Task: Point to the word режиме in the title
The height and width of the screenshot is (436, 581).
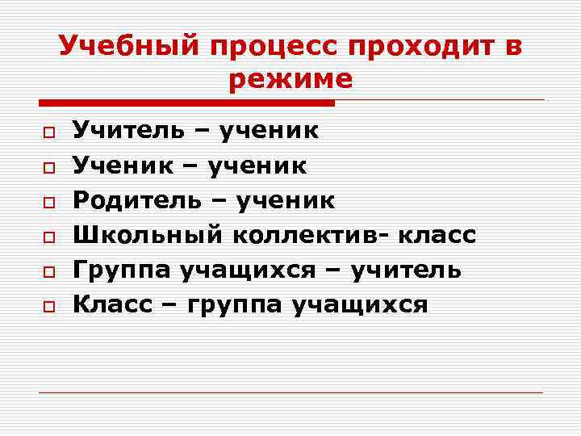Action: coord(290,79)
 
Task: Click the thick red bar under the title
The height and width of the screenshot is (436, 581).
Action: coord(186,103)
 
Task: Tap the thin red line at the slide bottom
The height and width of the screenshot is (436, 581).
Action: coord(290,392)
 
